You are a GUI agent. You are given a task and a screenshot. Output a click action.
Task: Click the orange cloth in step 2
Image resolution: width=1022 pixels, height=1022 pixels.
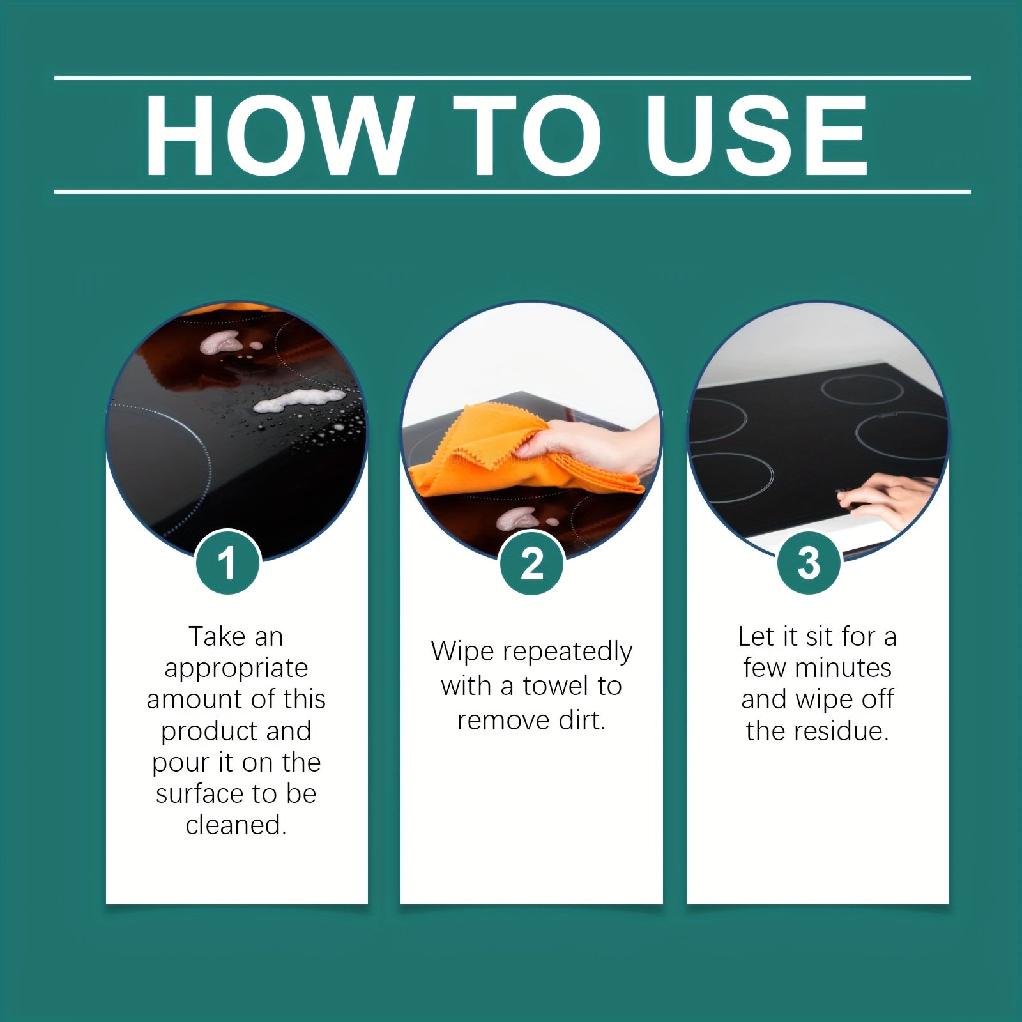505,454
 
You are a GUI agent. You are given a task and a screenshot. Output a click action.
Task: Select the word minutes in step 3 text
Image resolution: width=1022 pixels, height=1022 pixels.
843,668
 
